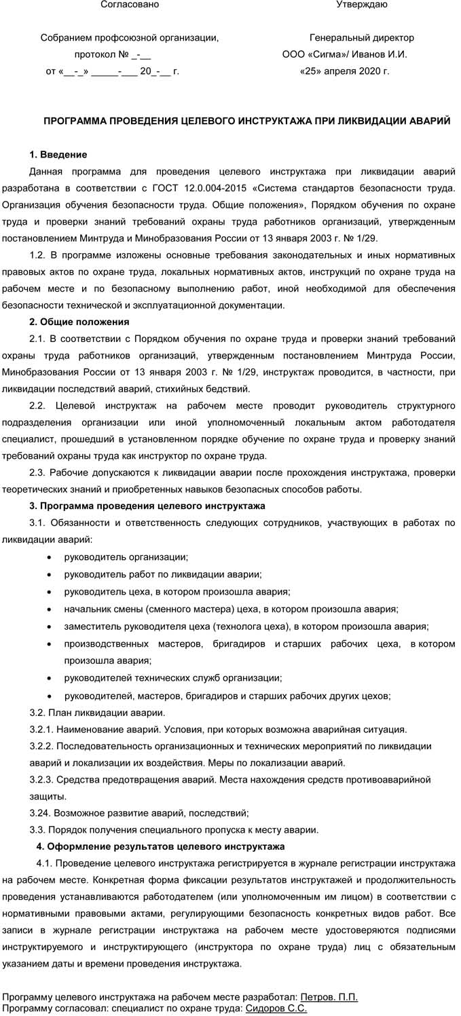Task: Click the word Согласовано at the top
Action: pos(130,5)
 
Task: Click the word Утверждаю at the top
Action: pos(362,5)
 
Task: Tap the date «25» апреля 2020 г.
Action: pos(344,71)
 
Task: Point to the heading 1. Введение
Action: pos(58,155)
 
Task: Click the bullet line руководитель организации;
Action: pos(126,557)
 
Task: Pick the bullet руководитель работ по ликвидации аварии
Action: pos(163,574)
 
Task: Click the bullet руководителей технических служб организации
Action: pos(173,678)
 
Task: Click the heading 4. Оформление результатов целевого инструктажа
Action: pos(160,846)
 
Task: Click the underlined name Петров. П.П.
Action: pos(329,997)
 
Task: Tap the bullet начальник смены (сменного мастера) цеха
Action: pos(231,609)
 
